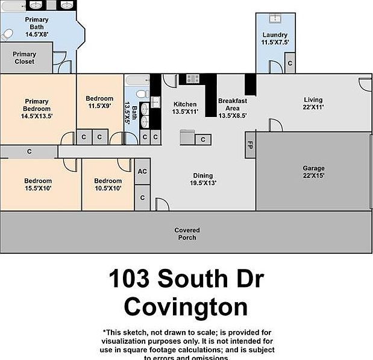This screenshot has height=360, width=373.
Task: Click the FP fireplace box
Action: click(249, 145)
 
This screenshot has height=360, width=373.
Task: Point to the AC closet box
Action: click(142, 171)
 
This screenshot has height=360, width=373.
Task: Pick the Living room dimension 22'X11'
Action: click(313, 107)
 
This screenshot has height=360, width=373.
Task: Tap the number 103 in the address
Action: click(130, 279)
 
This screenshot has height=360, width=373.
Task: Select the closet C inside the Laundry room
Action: click(289, 63)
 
